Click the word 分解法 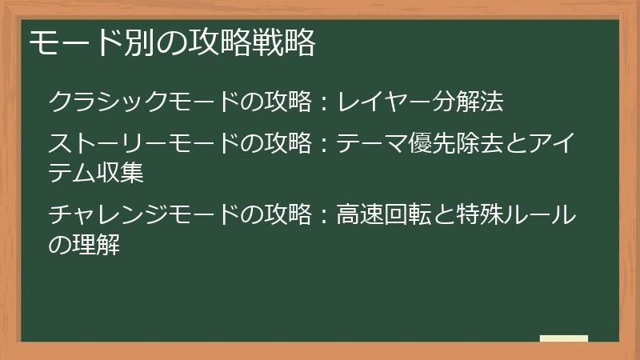[472, 102]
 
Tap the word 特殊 [490, 215]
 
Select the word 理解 [97, 243]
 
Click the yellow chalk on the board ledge [564, 338]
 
